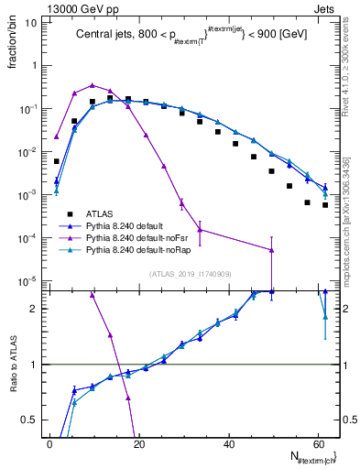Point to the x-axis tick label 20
(138, 443)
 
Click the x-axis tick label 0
(49, 443)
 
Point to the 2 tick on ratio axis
(38, 309)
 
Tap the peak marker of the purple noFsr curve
(93, 85)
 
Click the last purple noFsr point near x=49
(271, 250)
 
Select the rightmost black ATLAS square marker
(325, 205)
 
